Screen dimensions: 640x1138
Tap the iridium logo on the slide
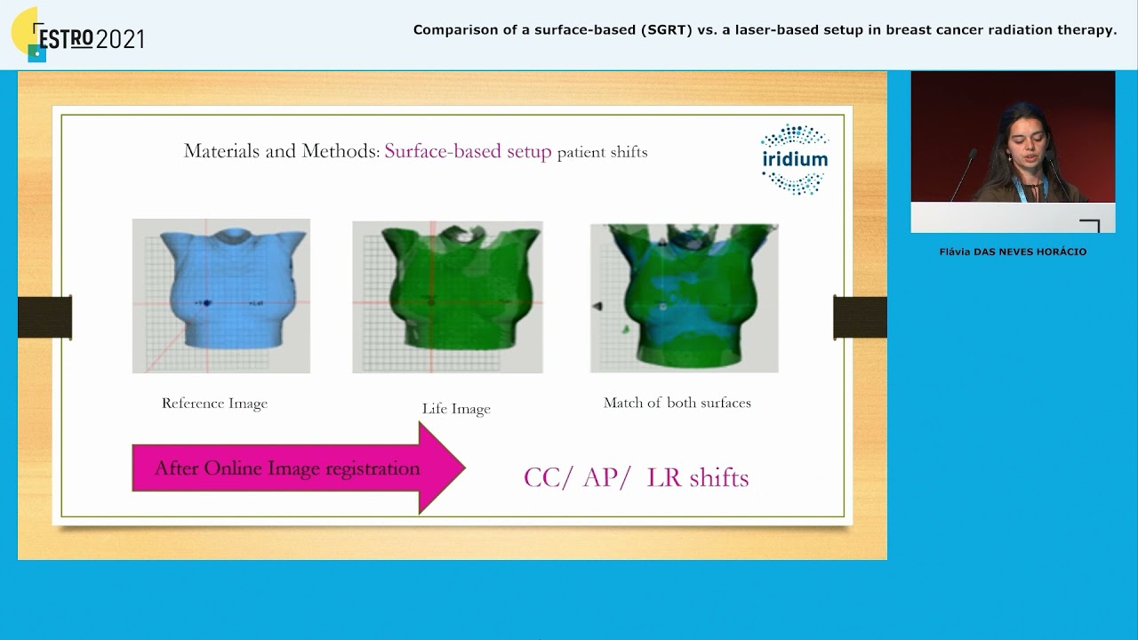coord(795,159)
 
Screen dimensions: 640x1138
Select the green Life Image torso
coord(447,297)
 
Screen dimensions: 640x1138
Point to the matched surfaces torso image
coord(684,298)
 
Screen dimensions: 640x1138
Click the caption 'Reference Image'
coord(214,404)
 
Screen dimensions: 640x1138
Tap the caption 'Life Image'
coord(456,409)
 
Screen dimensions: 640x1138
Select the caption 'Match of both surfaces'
coord(677,403)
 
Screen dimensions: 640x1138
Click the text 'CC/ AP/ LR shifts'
coord(636,477)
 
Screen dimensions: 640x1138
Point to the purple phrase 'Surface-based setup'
coord(468,151)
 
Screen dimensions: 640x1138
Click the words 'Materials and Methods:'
coord(281,151)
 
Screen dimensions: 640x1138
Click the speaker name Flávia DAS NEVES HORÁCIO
coord(1013,252)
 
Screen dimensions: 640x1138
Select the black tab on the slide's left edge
coord(44,317)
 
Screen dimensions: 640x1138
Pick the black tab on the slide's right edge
coord(860,317)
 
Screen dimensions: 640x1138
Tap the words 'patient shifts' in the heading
coord(602,152)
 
